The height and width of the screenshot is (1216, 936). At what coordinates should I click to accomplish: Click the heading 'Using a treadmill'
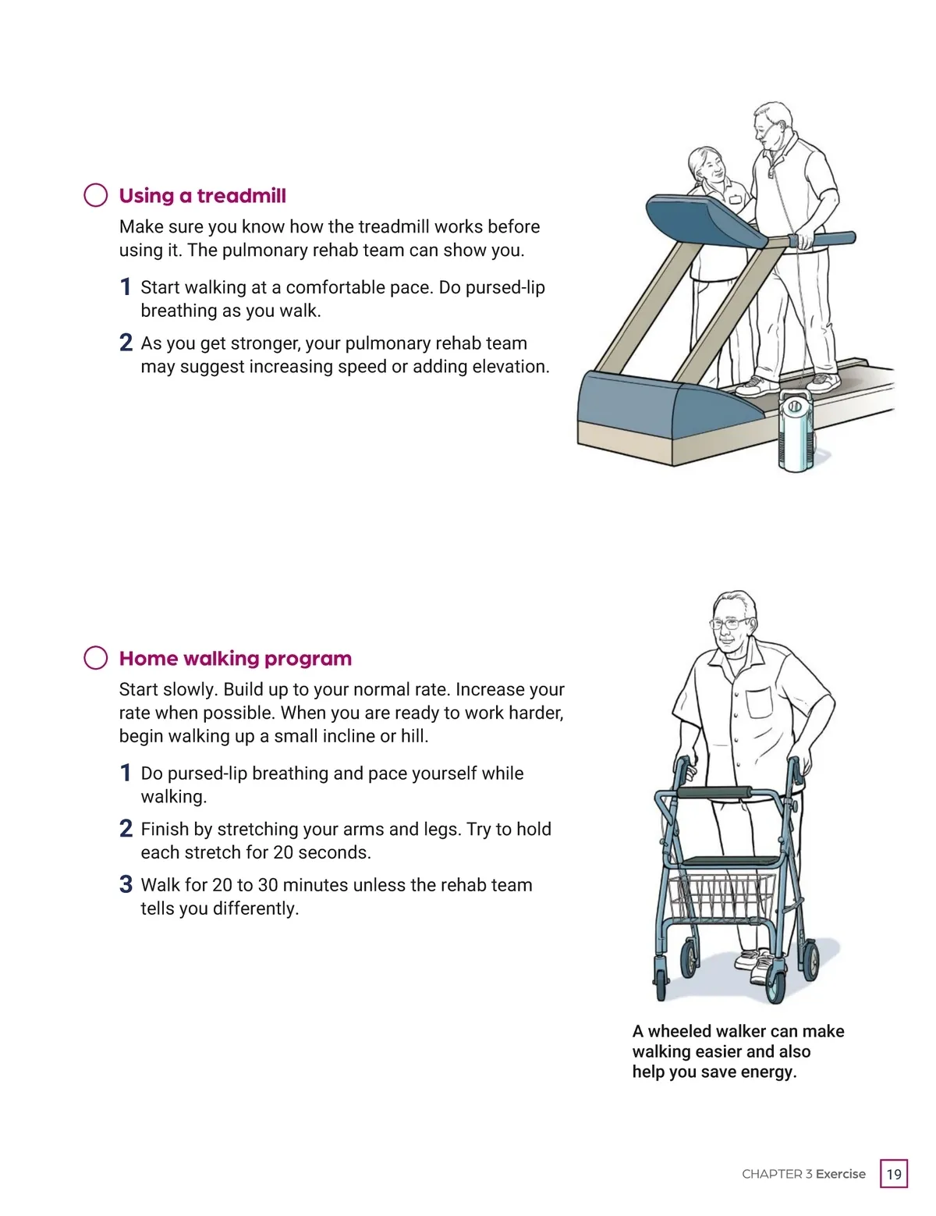[202, 196]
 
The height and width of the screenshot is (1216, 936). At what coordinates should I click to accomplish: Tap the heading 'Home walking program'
[236, 659]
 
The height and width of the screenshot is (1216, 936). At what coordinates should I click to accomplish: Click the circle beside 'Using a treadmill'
[96, 195]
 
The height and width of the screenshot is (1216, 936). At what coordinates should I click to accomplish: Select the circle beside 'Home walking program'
[96, 658]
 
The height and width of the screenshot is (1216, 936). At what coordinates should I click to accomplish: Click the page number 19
[894, 1174]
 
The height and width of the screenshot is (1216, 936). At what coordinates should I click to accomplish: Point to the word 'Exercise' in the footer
[840, 1174]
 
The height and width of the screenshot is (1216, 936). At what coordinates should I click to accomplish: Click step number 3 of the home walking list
[126, 885]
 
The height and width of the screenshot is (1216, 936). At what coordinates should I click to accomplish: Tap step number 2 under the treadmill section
[126, 343]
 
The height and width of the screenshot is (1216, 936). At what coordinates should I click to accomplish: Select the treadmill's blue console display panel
[706, 220]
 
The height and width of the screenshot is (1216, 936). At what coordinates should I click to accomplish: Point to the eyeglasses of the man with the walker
[729, 623]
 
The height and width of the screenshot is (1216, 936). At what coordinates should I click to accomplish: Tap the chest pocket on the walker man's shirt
[759, 703]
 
